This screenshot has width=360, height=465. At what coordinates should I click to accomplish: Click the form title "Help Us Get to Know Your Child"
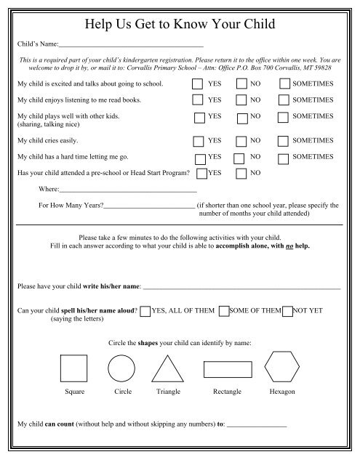pos(180,23)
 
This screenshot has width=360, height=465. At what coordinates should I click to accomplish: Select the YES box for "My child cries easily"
pos(198,140)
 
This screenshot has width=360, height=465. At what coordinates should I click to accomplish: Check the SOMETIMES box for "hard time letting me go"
pos(285,157)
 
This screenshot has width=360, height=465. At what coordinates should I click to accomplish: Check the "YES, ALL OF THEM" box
pos(145,312)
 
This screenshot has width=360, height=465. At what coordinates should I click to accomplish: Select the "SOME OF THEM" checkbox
pos(224,312)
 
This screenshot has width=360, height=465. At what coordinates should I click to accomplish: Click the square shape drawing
pos(73,368)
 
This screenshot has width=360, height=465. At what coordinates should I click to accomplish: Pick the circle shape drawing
pos(121,368)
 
